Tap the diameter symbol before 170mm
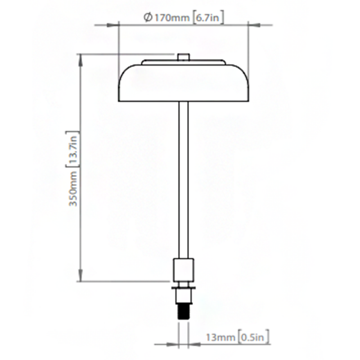pyautogui.click(x=147, y=18)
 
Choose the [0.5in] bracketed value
pyautogui.click(x=254, y=336)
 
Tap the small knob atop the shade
pyautogui.click(x=183, y=57)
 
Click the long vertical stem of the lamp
pyautogui.click(x=183, y=180)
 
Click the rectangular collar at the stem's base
pyautogui.click(x=183, y=270)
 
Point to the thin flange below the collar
pyautogui.click(x=183, y=286)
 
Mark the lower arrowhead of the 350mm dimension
pyautogui.click(x=81, y=279)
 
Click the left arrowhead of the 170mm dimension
pyautogui.click(x=121, y=25)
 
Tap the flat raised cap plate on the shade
pyautogui.click(x=183, y=62)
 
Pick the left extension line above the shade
pyautogui.click(x=118, y=45)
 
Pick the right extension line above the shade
pyautogui.click(x=248, y=45)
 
